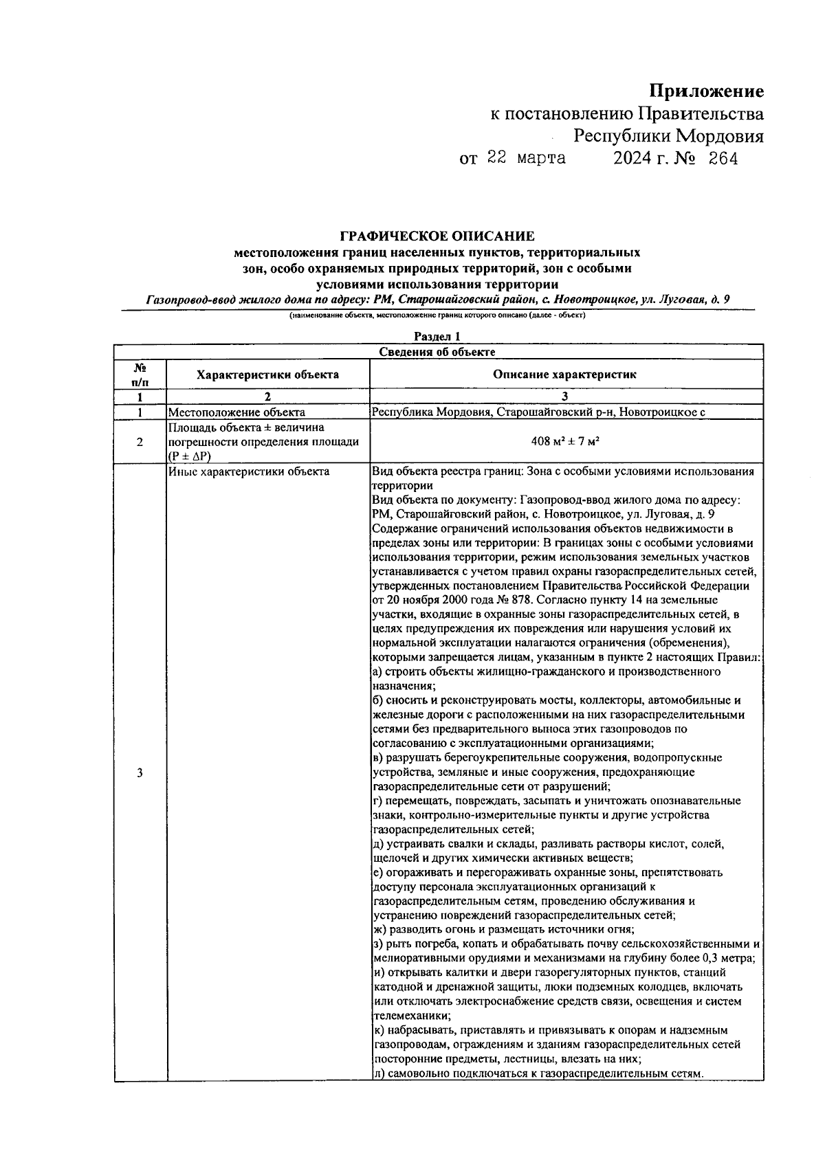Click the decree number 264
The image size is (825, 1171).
[x=723, y=159]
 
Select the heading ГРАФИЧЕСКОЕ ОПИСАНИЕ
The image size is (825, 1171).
[x=437, y=237]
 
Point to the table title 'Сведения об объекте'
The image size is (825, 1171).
[x=437, y=352]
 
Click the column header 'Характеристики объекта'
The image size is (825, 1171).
[x=267, y=375]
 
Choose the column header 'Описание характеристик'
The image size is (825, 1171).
[x=565, y=375]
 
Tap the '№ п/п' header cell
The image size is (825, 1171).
[x=140, y=375]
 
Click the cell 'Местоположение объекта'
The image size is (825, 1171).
[x=236, y=412]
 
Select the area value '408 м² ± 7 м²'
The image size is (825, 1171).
[x=565, y=442]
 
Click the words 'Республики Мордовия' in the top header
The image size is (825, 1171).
[x=668, y=136]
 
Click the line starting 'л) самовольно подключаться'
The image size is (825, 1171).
[x=539, y=1073]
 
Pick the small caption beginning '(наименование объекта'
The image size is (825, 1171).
[x=437, y=317]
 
